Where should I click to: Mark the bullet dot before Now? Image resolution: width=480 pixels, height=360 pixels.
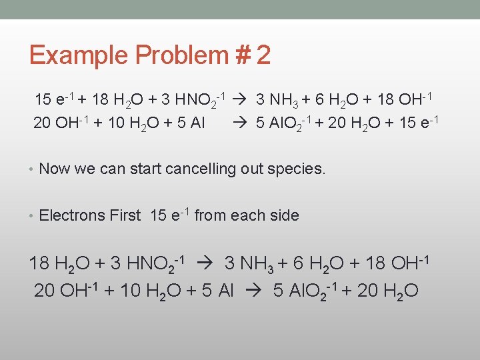tap(32, 169)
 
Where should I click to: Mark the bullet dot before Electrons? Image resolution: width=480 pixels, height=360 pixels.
tap(32, 215)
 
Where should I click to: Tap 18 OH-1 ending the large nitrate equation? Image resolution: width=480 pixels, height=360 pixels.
tap(401, 263)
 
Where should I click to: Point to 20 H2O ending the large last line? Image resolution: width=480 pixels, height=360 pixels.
tap(387, 292)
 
